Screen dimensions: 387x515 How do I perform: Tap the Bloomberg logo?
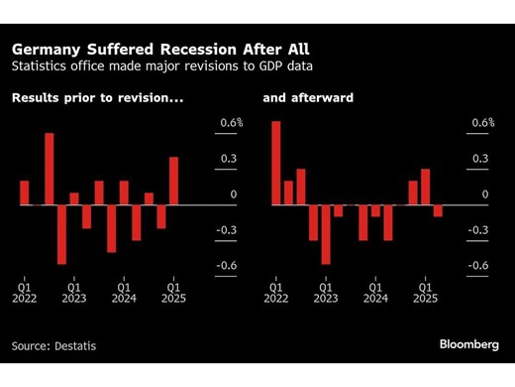pos(469,344)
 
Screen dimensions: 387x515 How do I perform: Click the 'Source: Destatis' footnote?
pos(54,345)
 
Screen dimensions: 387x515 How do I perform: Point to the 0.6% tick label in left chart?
pos(230,123)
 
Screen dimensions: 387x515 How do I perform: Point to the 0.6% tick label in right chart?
pos(481,123)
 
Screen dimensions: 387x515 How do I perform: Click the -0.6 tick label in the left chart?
pos(227,265)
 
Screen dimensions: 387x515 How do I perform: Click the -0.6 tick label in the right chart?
pos(478,265)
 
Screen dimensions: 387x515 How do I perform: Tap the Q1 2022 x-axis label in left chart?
pos(24,290)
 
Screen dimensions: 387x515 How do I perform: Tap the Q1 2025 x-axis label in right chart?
pos(425,290)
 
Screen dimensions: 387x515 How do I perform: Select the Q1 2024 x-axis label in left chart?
pos(124,290)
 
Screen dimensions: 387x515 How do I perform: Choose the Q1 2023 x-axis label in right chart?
pos(325,290)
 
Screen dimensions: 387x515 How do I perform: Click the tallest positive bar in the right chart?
pos(276,163)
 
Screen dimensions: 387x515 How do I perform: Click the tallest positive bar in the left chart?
pos(49,169)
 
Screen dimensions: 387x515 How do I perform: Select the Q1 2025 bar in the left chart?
pos(174,181)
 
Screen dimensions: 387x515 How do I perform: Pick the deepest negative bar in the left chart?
pos(61,234)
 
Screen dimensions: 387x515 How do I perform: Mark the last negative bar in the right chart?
pos(438,210)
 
